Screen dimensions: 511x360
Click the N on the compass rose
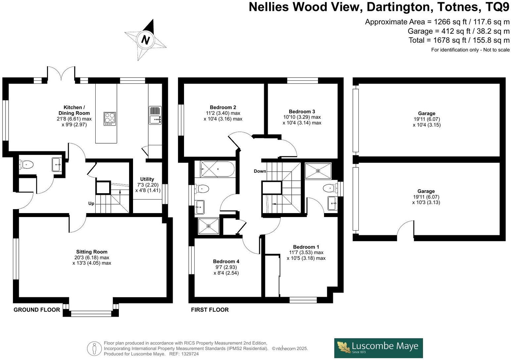click(x=145, y=40)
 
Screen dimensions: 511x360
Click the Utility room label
click(x=147, y=179)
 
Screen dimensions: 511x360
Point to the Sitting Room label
click(x=92, y=252)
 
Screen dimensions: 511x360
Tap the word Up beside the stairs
click(x=91, y=203)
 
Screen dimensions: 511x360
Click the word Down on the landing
click(x=260, y=171)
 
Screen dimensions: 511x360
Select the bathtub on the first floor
click(x=217, y=169)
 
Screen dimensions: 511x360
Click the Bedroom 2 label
click(x=223, y=107)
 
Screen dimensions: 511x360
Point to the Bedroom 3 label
click(x=302, y=112)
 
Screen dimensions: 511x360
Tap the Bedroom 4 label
click(x=226, y=261)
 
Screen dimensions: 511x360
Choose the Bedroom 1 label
click(x=306, y=247)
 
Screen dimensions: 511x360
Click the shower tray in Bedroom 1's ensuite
click(x=318, y=171)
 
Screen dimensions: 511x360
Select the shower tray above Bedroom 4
click(x=209, y=226)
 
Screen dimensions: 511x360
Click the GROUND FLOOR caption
click(x=37, y=310)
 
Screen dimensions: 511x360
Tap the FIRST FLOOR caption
click(x=210, y=310)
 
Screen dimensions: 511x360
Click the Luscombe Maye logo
click(x=378, y=348)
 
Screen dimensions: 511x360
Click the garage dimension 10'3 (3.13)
click(x=426, y=202)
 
